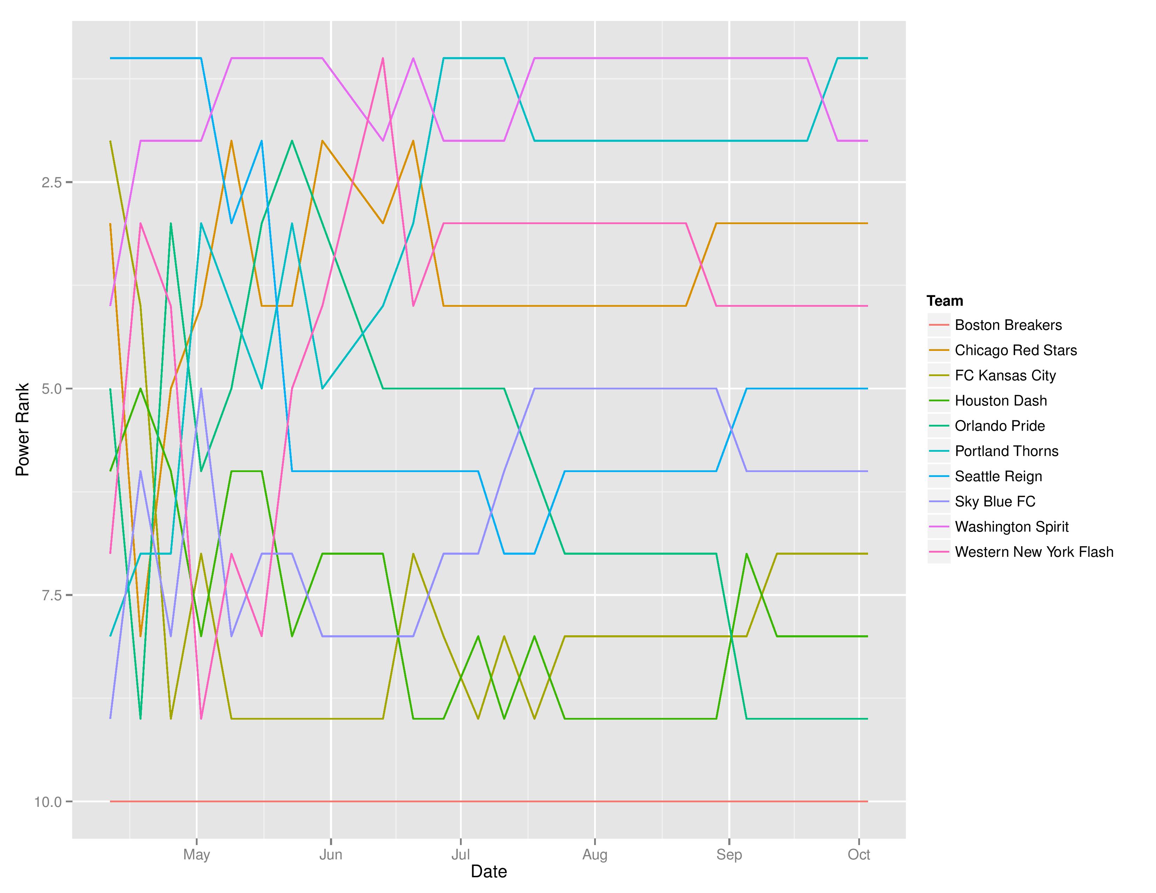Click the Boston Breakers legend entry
click(1008, 325)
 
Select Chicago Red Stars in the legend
click(1015, 350)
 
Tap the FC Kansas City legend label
click(1005, 376)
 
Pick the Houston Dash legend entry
click(1000, 401)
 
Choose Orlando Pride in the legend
click(999, 426)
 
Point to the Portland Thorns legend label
click(1006, 451)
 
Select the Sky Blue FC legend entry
click(995, 501)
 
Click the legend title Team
click(944, 301)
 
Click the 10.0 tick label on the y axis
click(48, 802)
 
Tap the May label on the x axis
click(197, 854)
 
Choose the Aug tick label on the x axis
click(595, 854)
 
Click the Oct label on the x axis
click(859, 854)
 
